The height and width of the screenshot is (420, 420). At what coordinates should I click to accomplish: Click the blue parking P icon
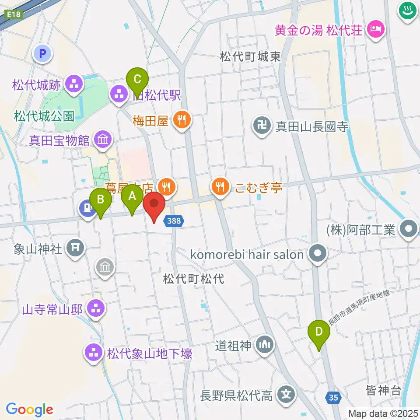pyautogui.click(x=43, y=54)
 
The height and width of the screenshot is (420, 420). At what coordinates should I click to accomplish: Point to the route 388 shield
pyautogui.click(x=174, y=221)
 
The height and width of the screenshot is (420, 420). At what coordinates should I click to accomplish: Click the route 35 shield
pyautogui.click(x=334, y=397)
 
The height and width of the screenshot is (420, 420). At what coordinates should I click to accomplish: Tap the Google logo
pyautogui.click(x=30, y=409)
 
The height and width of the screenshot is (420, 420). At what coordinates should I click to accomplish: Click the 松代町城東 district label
pyautogui.click(x=250, y=56)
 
